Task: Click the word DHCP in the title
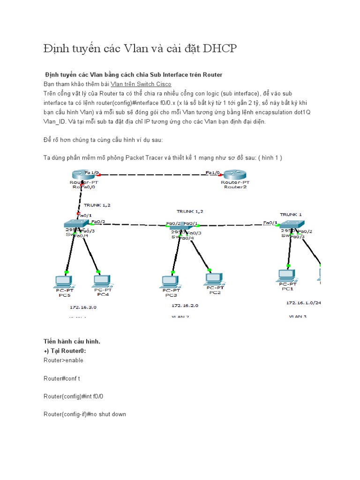pos(220,48)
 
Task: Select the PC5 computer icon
pos(63,281)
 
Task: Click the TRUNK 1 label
pos(291,214)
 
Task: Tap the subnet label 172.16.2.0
pos(185,305)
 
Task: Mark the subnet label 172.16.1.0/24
pos(304,303)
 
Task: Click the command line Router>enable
pos(63,360)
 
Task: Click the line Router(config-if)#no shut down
pos(84,414)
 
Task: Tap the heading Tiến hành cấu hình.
pos(72,342)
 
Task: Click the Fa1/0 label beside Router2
pos(213,172)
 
